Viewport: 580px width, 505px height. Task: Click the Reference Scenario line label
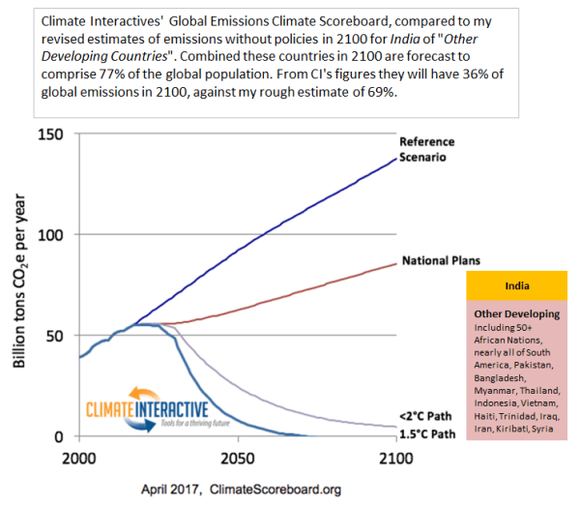tap(428, 150)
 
